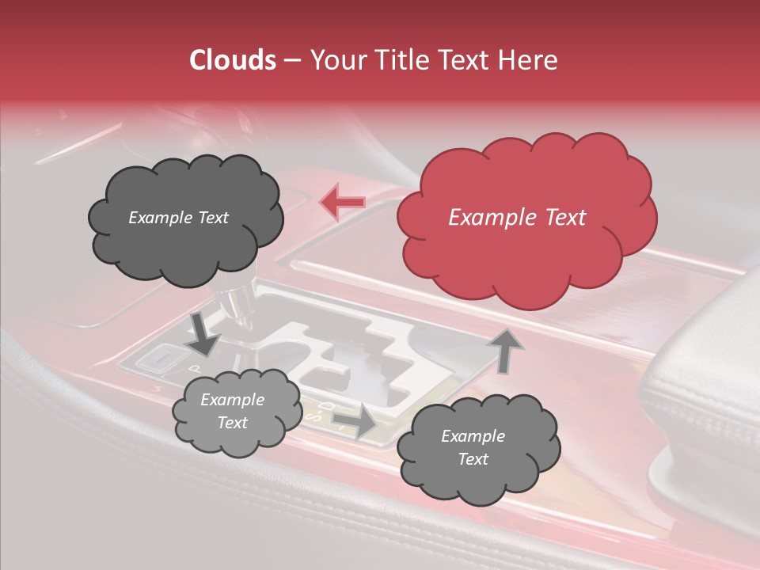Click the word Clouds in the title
[x=234, y=60]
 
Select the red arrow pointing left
[x=342, y=203]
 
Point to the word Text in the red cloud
[x=564, y=218]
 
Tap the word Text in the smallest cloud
[x=232, y=423]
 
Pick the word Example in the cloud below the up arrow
[x=473, y=436]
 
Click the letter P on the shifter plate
[x=194, y=369]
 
